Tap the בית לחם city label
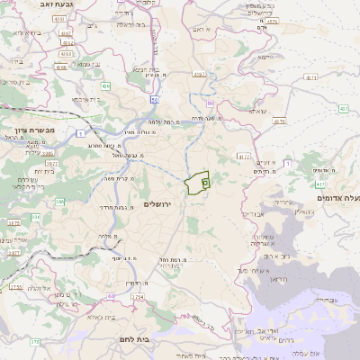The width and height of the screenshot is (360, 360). tap(132, 338)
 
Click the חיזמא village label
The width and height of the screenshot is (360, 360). tap(266, 57)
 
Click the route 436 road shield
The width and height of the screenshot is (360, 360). tap(105, 86)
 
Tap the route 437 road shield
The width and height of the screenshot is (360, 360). tap(343, 109)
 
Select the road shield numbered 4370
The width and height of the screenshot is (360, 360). tap(278, 121)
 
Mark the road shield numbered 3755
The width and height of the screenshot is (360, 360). tap(16, 287)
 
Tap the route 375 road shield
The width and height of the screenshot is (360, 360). tap(35, 342)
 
